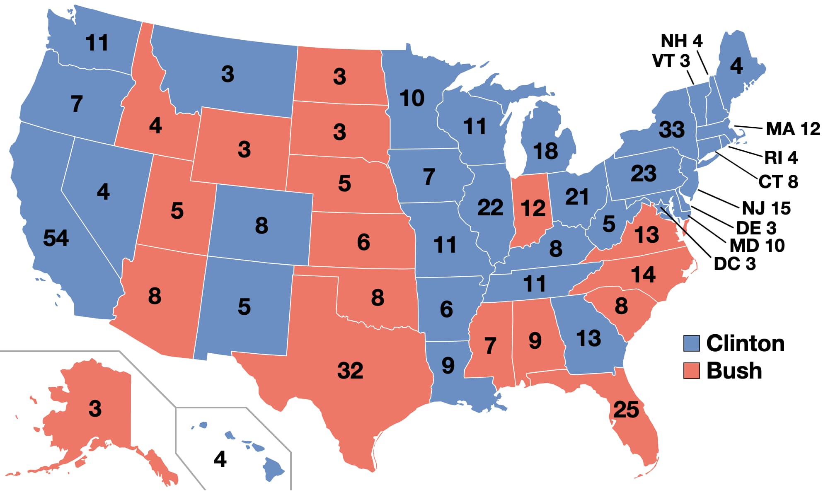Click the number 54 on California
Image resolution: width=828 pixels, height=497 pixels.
coord(56,238)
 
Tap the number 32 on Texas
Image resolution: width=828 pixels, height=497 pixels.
coord(350,370)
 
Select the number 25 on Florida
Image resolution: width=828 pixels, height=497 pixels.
coord(626,410)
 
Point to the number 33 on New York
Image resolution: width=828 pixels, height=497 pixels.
coord(672,130)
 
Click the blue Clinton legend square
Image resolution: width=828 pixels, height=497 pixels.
coord(691,343)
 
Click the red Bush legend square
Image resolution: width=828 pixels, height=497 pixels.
coord(691,371)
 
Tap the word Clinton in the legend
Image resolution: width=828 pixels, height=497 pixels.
coord(745,343)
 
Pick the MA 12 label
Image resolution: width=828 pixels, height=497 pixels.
coord(793,129)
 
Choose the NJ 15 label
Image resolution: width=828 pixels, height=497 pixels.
coord(766,208)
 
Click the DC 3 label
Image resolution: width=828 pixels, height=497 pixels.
coord(734,264)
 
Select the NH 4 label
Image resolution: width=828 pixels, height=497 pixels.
coord(681,41)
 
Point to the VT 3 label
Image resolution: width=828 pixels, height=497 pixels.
coord(671,61)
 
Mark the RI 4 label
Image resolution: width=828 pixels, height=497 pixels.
coord(781,158)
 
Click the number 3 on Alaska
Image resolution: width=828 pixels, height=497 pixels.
coord(95,409)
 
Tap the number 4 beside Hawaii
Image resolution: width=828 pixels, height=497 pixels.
coord(220,459)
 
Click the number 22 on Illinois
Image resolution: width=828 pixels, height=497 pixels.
coord(490,207)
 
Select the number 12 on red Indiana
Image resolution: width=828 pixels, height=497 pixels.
coord(533,208)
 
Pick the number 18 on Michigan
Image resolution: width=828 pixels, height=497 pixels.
coord(545,151)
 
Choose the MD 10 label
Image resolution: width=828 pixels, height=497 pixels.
coord(757,246)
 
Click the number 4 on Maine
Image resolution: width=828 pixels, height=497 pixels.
coord(736,66)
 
